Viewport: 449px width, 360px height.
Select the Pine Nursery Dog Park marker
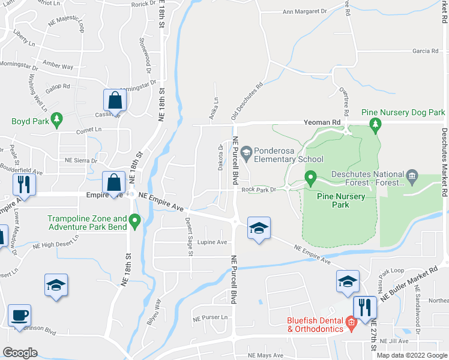376,124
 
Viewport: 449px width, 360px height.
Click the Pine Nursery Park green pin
310,178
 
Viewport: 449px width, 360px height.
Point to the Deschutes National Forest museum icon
412,176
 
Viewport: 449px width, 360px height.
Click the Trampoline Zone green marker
134,223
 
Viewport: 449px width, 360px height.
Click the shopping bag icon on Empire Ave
113,181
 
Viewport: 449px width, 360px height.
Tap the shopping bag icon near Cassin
115,100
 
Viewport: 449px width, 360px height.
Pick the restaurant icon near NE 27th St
364,307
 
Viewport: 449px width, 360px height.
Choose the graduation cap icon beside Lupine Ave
259,228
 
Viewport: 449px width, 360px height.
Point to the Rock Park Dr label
258,190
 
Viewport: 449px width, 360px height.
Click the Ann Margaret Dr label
304,11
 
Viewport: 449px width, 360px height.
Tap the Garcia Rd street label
426,51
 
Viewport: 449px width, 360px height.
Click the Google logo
20,353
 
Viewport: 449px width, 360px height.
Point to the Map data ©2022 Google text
411,355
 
